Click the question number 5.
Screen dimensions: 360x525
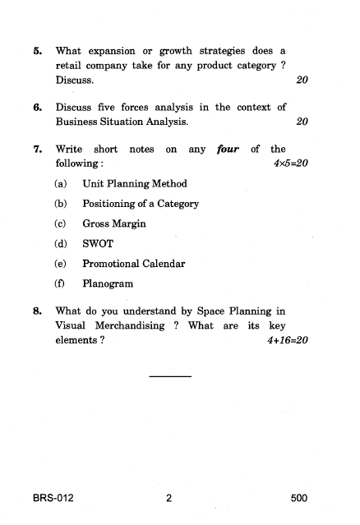tap(37, 51)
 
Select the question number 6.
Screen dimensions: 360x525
tap(37, 107)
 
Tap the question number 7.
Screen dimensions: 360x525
tap(37, 150)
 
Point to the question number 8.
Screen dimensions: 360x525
tap(37, 311)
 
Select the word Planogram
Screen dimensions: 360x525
tap(108, 284)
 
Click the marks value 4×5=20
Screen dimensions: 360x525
tap(289, 164)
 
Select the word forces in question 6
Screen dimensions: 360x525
tap(142, 107)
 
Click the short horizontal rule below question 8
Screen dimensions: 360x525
tap(170, 376)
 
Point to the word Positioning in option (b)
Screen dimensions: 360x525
tap(111, 204)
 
